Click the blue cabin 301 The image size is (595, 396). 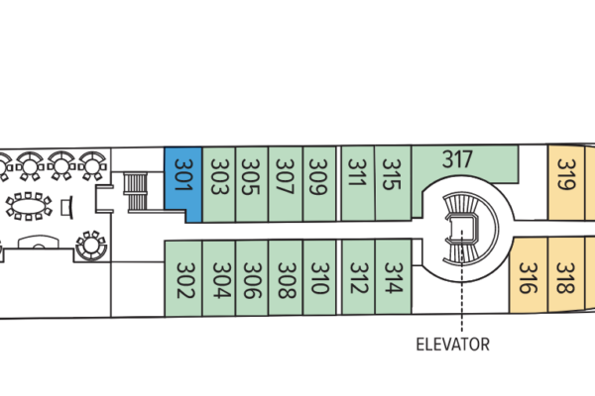[x=182, y=184]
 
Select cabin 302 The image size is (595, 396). [x=183, y=279]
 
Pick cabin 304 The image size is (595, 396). [x=221, y=279]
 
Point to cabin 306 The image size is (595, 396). [x=253, y=279]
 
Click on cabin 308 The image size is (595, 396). [x=287, y=279]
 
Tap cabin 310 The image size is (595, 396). [x=319, y=279]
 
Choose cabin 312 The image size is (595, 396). [x=359, y=277]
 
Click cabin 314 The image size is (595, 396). [x=393, y=277]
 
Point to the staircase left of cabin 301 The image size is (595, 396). [x=134, y=190]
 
